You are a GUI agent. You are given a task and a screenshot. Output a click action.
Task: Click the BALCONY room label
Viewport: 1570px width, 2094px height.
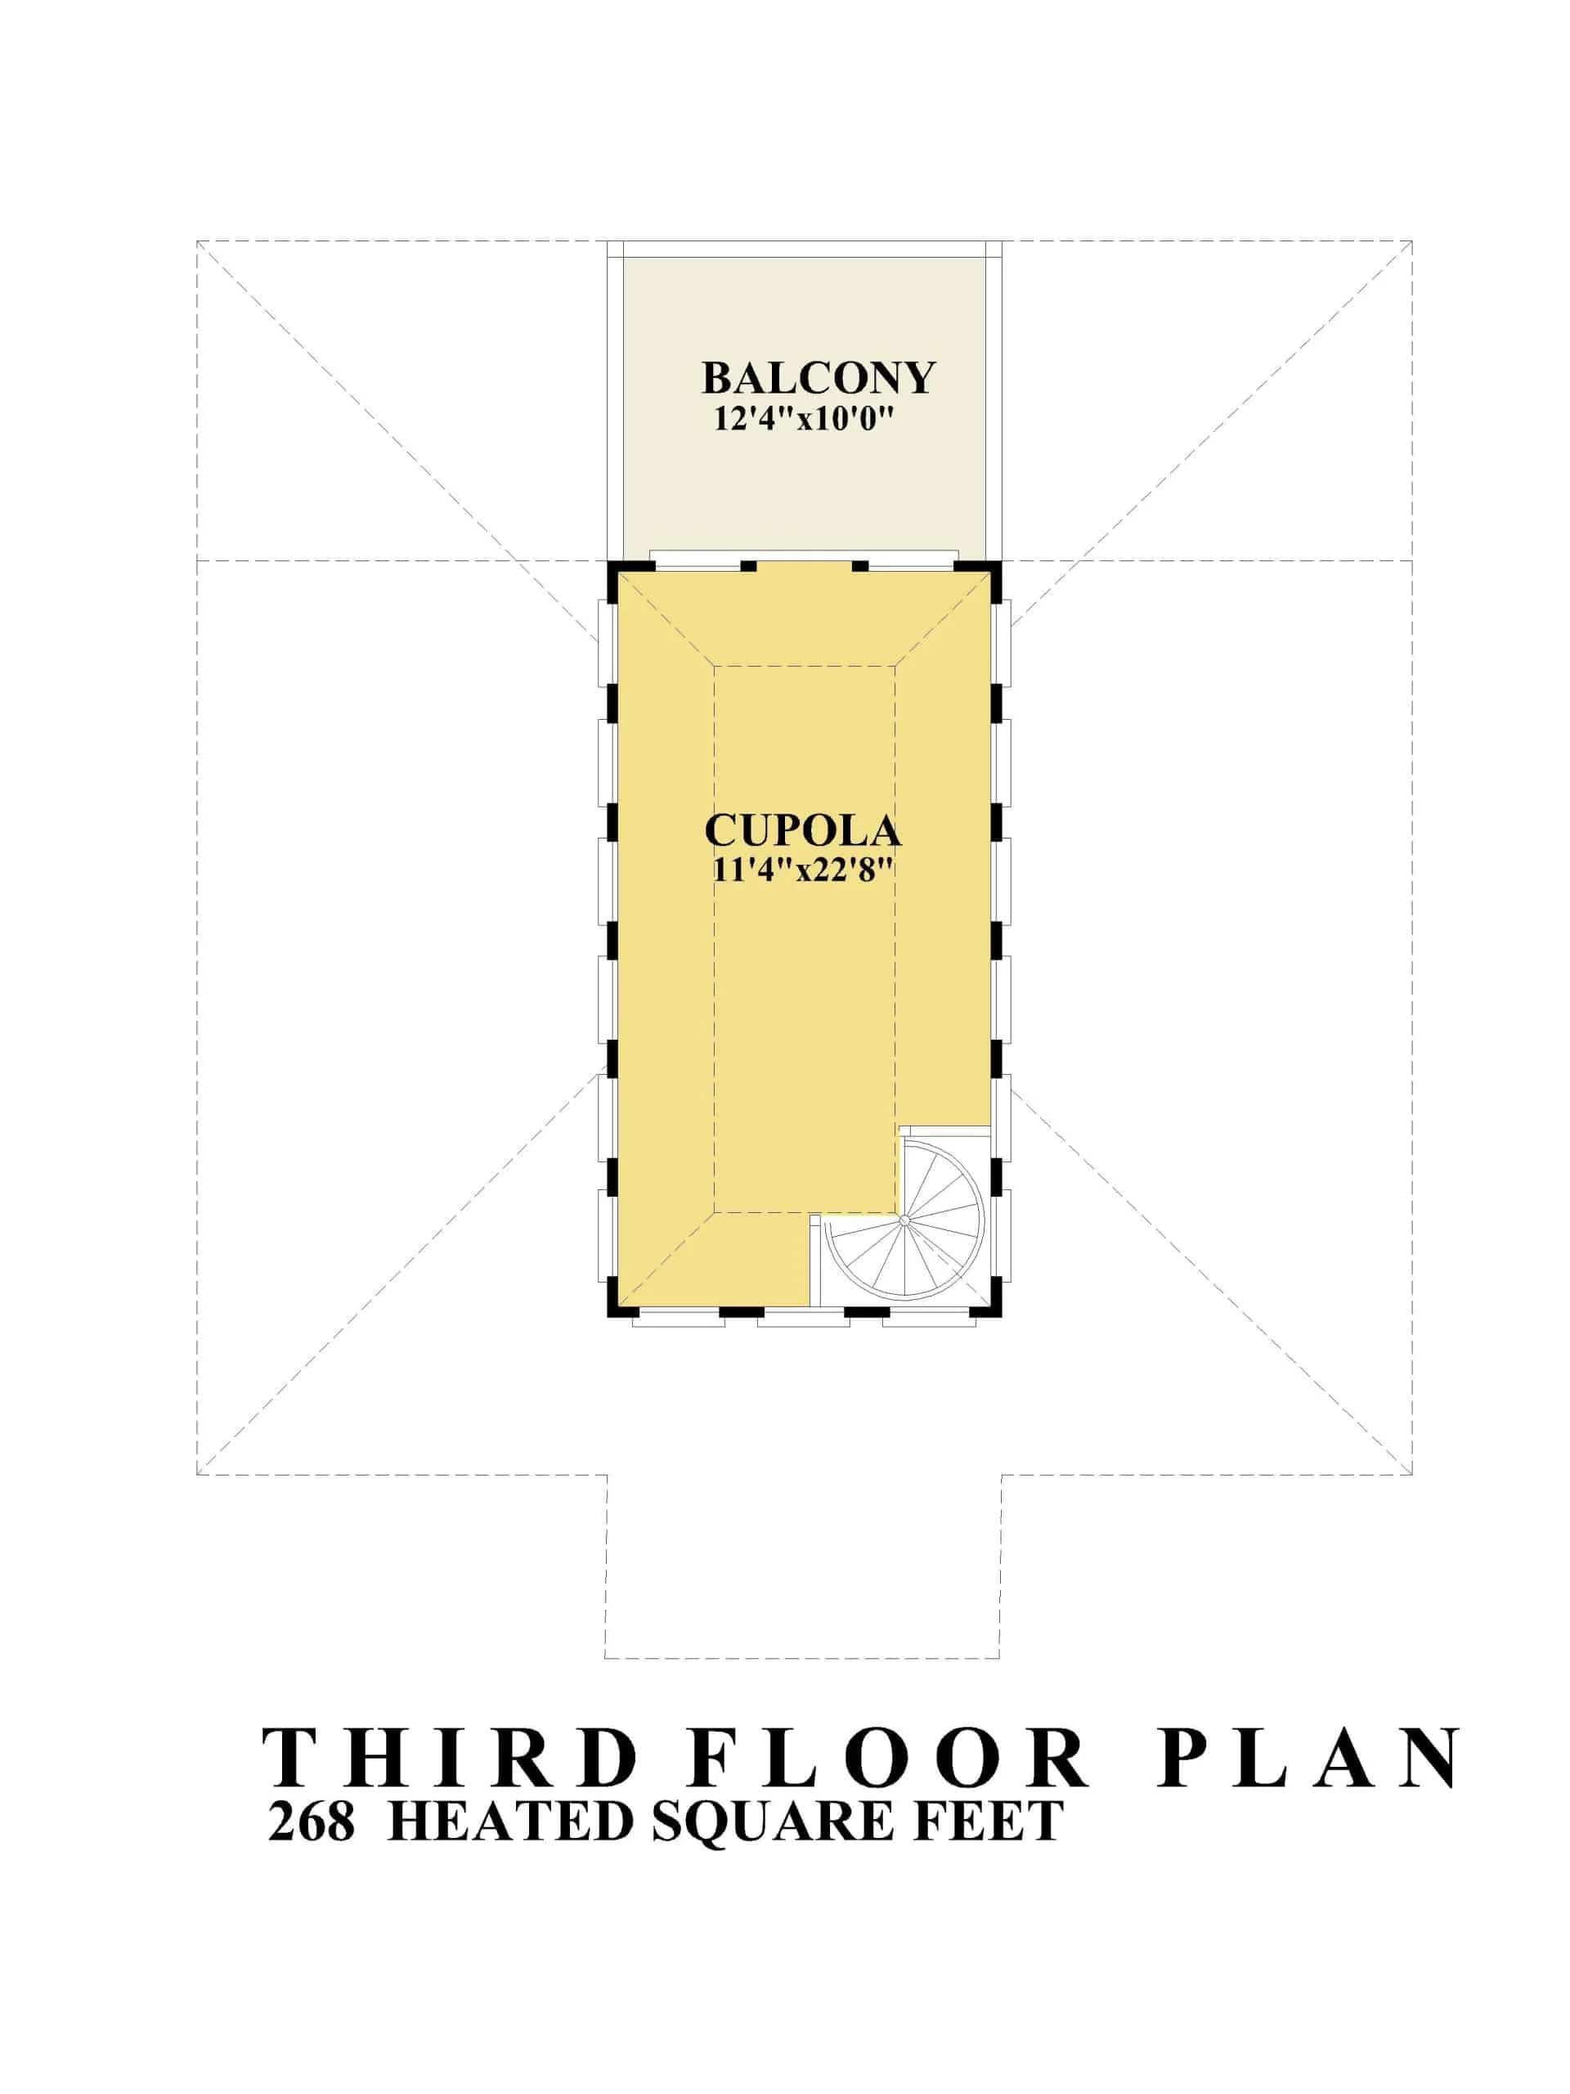point(818,378)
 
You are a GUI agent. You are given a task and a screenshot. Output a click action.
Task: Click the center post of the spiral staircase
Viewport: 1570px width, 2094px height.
point(904,1221)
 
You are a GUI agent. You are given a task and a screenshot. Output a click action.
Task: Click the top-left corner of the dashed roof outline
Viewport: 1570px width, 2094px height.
point(197,241)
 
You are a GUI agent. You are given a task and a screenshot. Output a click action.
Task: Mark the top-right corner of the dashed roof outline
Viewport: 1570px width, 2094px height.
point(1412,241)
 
